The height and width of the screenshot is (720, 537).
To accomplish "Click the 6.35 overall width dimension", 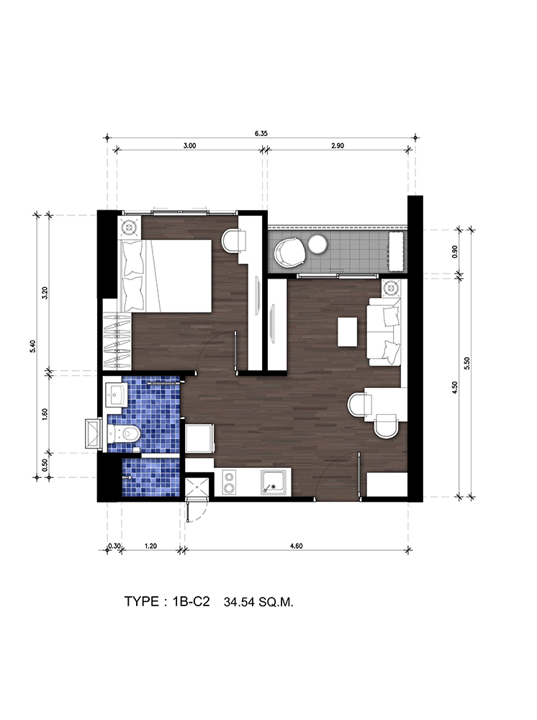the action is [x=261, y=134].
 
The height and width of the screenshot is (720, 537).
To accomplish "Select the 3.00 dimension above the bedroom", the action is [x=189, y=145].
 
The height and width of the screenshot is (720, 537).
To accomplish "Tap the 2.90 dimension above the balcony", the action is [x=338, y=145].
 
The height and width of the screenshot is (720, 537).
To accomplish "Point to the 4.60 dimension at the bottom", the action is [x=297, y=546].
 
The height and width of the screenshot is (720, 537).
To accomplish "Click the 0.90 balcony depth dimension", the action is [x=455, y=251].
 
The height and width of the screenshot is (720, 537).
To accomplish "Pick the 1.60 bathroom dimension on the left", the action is [x=45, y=413].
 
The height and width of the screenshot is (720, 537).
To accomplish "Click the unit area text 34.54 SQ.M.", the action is [x=258, y=603].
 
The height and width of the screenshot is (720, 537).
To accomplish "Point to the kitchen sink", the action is [x=274, y=482].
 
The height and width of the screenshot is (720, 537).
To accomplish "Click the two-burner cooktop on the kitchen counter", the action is [x=229, y=482].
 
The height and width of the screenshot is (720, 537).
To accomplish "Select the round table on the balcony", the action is [x=317, y=244].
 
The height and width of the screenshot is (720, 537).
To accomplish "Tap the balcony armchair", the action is [x=289, y=252].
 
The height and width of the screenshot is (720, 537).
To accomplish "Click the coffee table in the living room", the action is [x=348, y=331].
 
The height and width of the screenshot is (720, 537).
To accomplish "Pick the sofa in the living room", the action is [x=384, y=331].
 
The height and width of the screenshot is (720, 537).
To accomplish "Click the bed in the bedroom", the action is [x=166, y=275].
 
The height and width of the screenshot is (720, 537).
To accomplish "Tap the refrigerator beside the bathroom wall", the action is [x=199, y=439].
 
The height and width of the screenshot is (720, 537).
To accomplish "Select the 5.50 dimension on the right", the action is [x=467, y=363].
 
